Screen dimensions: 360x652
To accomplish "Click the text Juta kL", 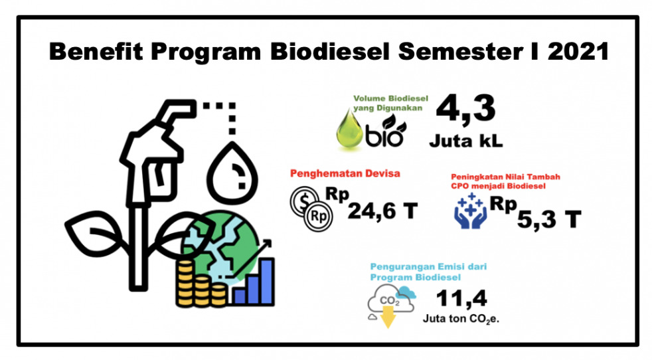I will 465,141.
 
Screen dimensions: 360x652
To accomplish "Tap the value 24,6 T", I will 382,212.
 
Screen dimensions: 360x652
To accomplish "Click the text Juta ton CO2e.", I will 461,319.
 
